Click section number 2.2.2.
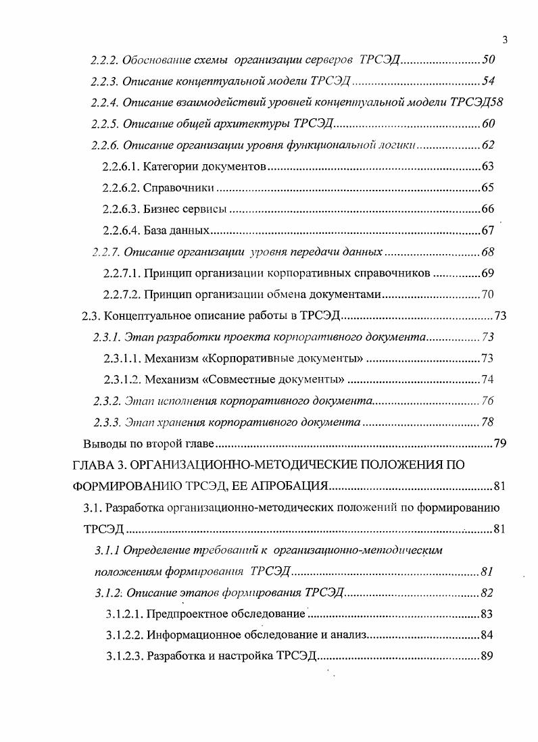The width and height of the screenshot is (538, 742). pyautogui.click(x=105, y=61)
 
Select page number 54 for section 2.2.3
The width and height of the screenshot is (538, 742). pyautogui.click(x=489, y=82)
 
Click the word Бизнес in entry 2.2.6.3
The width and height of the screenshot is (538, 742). pyautogui.click(x=163, y=209)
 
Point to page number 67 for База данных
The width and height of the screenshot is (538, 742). pyautogui.click(x=488, y=230)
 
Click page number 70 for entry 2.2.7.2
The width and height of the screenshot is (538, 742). pyautogui.click(x=489, y=294)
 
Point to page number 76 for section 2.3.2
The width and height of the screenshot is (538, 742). pyautogui.click(x=487, y=401)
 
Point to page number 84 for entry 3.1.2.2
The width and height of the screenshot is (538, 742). pyautogui.click(x=487, y=635)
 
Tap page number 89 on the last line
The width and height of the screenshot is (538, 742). pyautogui.click(x=487, y=656)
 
